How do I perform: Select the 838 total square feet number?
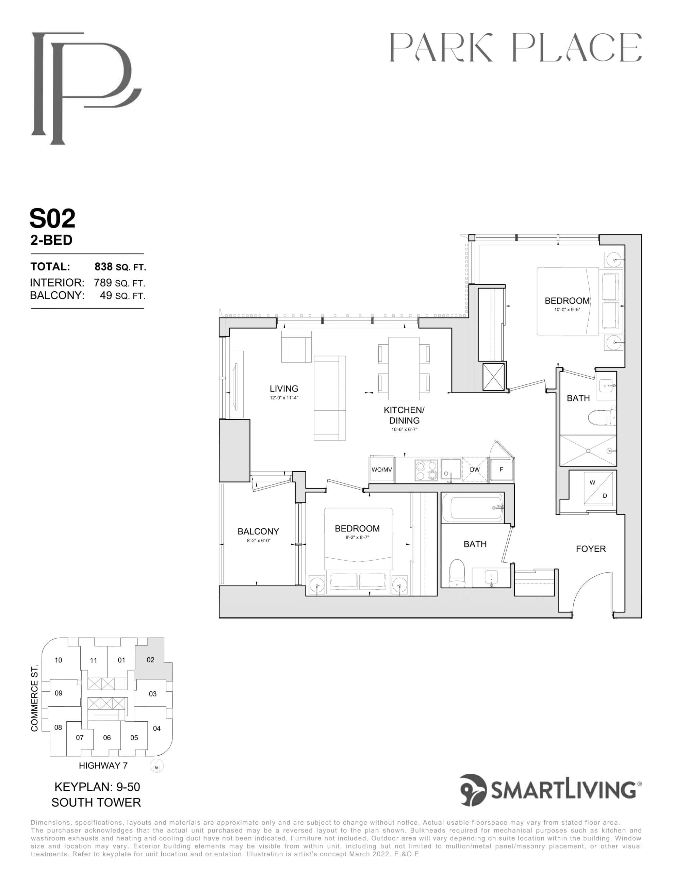103,266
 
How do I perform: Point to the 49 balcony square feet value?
106,296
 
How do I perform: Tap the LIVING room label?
284,389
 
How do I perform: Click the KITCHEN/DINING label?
404,415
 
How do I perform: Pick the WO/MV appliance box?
382,470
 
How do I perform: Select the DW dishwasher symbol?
474,470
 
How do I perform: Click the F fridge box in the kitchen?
502,470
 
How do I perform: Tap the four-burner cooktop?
426,470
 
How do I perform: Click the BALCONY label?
258,531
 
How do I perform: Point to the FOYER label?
590,549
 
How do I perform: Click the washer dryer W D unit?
598,489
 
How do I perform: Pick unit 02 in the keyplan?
150,660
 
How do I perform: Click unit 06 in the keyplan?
107,737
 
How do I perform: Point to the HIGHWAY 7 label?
103,765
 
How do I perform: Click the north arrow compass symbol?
157,766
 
